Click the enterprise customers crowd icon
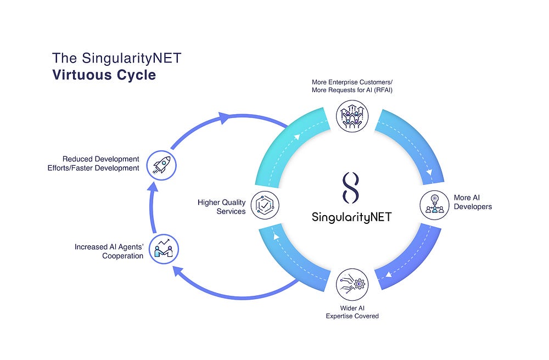click(352, 116)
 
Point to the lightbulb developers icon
click(435, 204)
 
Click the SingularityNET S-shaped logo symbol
click(351, 187)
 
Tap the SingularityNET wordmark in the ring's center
click(351, 217)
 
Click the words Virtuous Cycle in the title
click(104, 75)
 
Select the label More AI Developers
click(473, 202)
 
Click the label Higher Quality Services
click(222, 207)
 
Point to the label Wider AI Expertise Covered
click(352, 312)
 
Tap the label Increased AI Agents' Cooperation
click(109, 251)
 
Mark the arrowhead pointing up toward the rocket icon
click(154, 187)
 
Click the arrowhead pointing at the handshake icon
click(178, 270)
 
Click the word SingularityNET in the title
click(117, 58)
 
